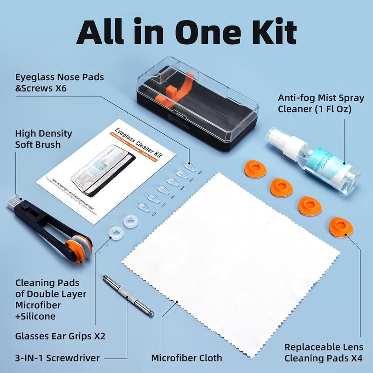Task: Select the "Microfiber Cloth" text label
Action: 186,358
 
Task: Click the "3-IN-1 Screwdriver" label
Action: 57,358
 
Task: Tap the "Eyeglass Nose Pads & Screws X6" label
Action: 59,82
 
